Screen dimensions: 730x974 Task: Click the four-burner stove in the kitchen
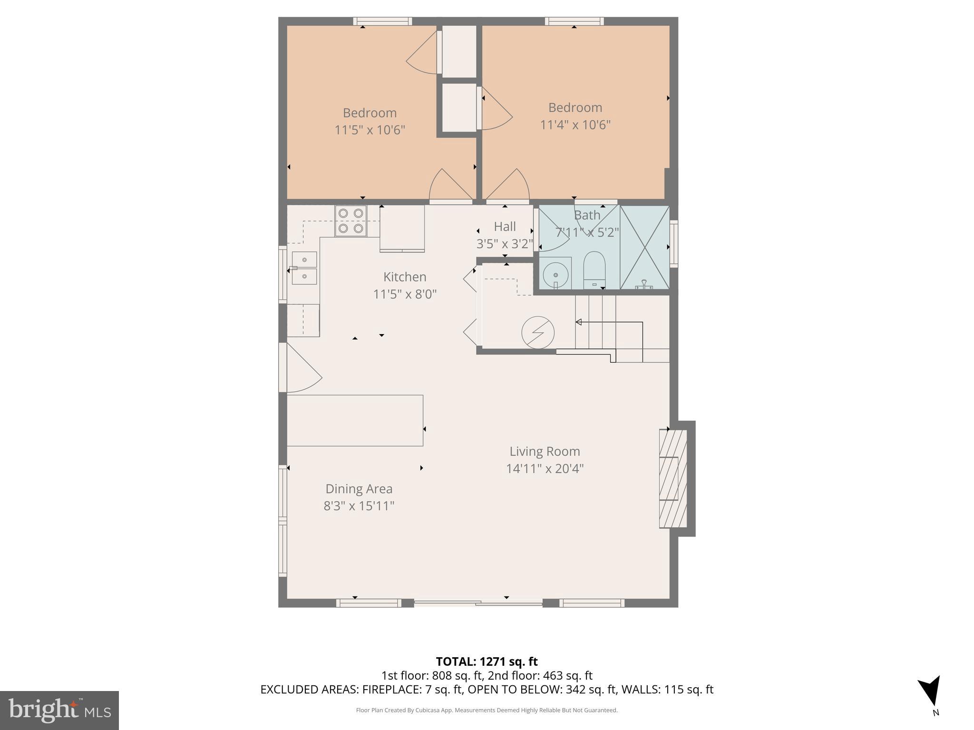tap(351, 221)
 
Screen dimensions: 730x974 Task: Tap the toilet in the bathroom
tap(594, 269)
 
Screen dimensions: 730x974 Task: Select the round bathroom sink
tap(556, 275)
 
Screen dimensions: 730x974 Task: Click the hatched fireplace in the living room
tap(672, 479)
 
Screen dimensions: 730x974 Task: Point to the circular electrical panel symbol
tap(538, 332)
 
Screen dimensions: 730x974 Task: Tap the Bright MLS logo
tap(59, 710)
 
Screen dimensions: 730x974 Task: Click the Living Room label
tap(545, 451)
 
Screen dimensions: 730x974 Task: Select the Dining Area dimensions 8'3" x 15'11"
tap(359, 506)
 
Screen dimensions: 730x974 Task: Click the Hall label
tap(505, 226)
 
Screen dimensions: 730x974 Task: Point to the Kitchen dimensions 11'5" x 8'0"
tap(405, 294)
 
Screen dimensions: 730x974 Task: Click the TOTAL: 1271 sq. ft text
tap(487, 662)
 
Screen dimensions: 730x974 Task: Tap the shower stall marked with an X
tap(644, 247)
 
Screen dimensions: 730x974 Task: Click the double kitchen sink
tap(304, 268)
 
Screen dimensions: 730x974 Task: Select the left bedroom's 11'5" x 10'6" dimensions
tap(370, 130)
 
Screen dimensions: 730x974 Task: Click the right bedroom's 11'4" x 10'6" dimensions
tap(575, 125)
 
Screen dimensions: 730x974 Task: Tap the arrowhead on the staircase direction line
tap(579, 322)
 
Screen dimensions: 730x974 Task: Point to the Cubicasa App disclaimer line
tap(487, 711)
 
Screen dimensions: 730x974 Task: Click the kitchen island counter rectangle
tap(355, 420)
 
